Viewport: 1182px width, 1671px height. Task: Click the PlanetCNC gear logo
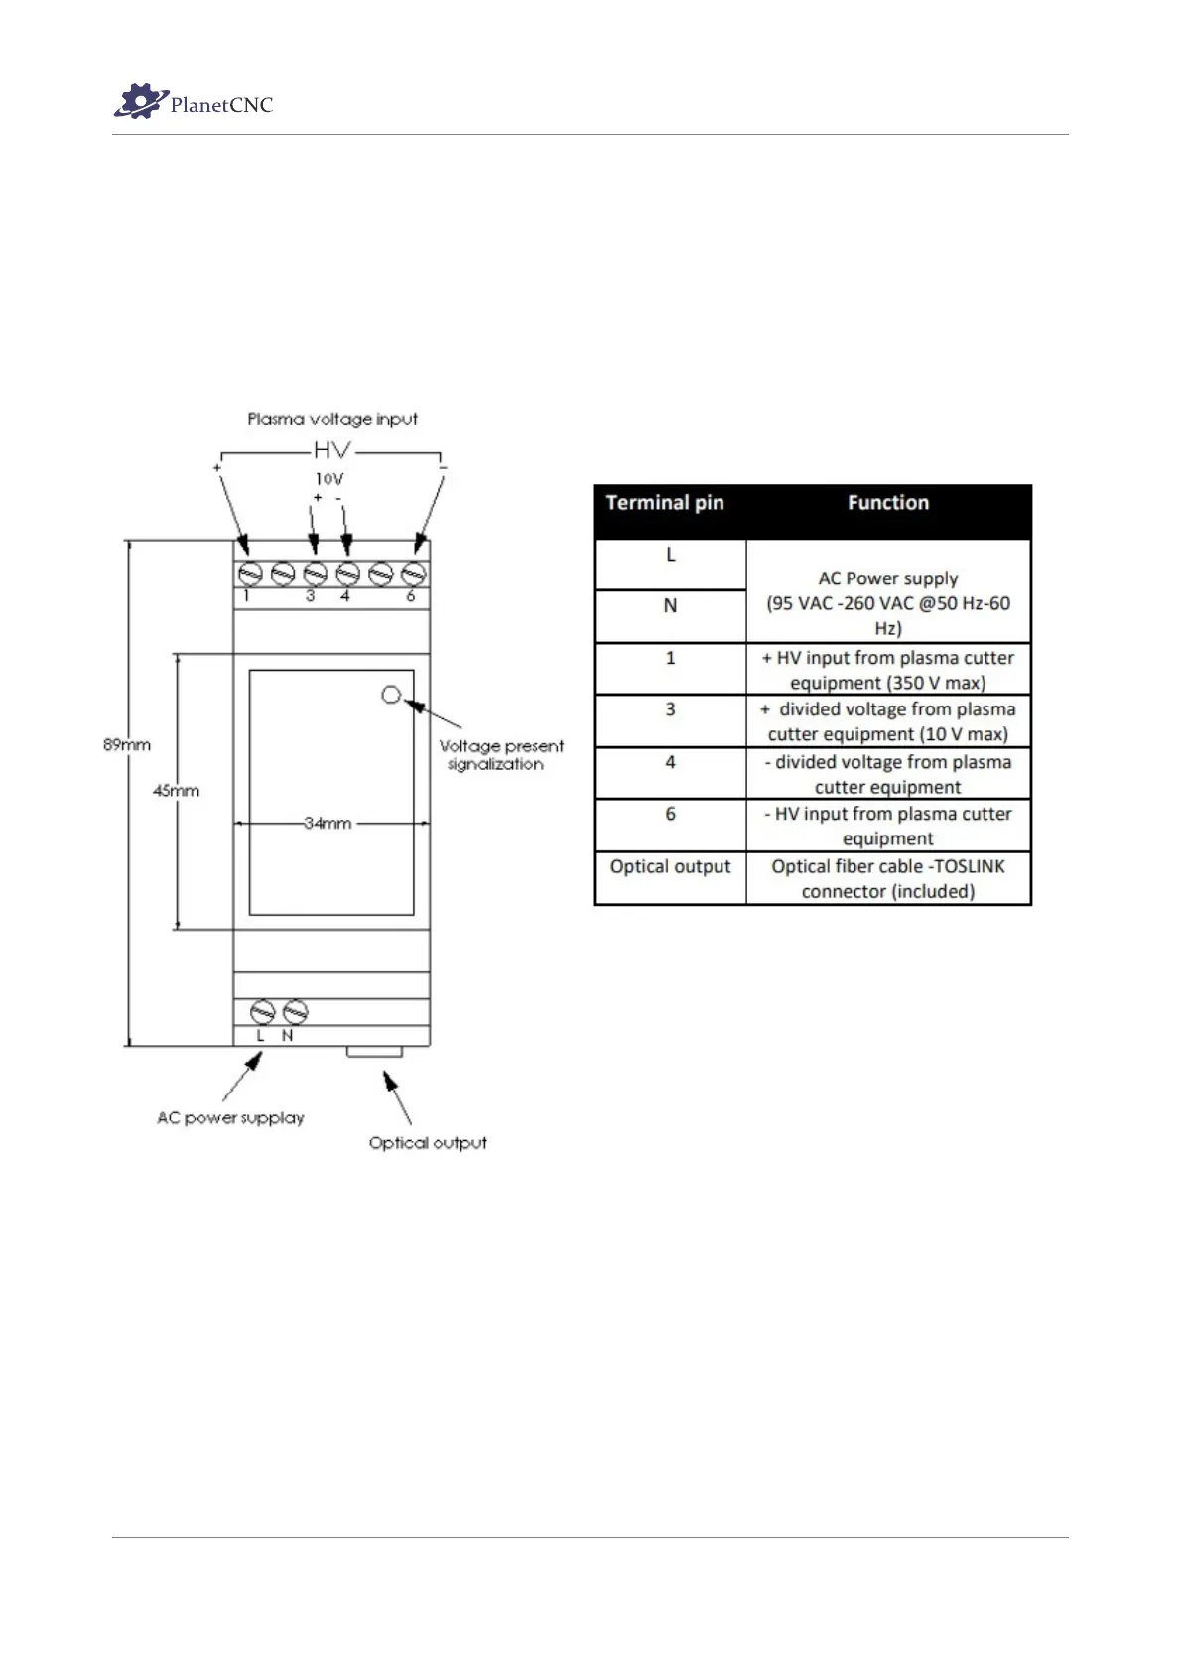coord(139,101)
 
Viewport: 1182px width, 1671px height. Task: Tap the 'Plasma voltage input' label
coord(332,419)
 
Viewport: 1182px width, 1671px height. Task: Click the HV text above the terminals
coord(331,450)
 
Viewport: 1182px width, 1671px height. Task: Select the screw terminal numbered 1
coord(250,574)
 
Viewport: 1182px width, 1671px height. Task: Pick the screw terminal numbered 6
coord(414,574)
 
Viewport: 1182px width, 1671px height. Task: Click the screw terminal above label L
coord(262,1012)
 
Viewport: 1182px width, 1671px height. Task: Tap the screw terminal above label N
coord(295,1012)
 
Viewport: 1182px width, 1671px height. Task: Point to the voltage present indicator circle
coord(391,695)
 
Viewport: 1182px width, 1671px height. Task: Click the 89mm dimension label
coord(127,744)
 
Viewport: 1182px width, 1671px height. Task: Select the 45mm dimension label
coord(176,791)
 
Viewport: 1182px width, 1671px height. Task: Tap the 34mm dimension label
coord(328,823)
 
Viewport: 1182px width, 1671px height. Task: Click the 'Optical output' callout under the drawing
coord(428,1143)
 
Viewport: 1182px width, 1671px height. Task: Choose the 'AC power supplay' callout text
coord(230,1118)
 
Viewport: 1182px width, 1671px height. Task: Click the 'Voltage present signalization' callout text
coord(500,755)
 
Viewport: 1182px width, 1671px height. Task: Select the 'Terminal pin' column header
coord(665,503)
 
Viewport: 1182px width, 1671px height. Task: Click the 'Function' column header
coord(888,503)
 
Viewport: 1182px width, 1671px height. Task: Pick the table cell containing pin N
coord(671,606)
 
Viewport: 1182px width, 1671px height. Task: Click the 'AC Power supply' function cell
coord(888,591)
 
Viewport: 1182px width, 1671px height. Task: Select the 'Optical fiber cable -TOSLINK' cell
coord(888,878)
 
